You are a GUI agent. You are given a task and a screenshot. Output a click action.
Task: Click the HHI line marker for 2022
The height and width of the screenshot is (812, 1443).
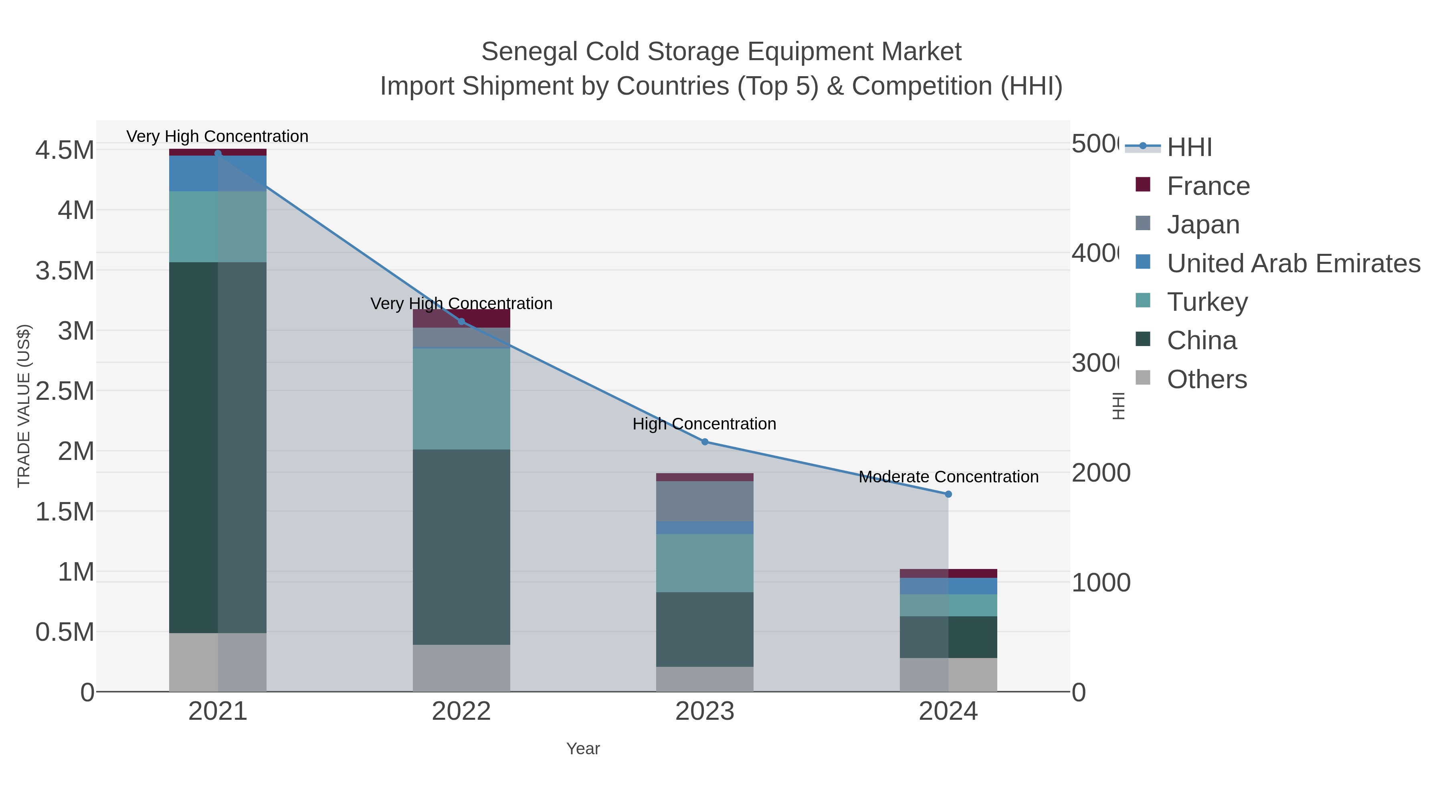[461, 322]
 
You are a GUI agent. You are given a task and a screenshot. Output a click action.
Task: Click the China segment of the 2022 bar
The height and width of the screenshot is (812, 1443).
[461, 547]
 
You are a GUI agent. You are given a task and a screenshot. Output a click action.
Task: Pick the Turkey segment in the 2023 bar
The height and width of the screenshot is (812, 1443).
[705, 563]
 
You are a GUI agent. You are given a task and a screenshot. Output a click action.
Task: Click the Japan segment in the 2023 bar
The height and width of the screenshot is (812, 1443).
[705, 501]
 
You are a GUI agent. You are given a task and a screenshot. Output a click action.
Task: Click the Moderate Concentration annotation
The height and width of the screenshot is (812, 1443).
[948, 477]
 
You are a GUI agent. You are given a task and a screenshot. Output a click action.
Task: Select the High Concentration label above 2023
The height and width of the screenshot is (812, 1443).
[704, 424]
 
